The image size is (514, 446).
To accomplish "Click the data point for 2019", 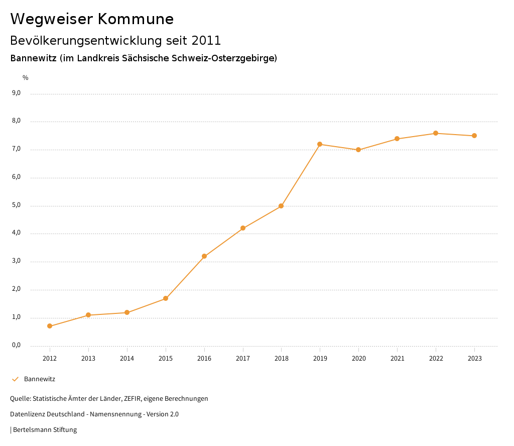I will (x=320, y=144).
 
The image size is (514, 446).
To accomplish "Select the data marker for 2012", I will (x=50, y=326).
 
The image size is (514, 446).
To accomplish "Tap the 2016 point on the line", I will (x=204, y=256).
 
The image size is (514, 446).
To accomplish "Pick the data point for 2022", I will (x=436, y=133).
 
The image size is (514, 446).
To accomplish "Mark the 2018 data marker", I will (x=281, y=206).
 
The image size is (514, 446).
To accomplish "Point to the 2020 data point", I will (x=358, y=150).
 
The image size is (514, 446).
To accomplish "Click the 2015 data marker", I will (x=166, y=298).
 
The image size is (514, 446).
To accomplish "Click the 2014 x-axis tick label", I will (x=127, y=358).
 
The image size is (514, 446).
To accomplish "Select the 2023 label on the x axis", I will (x=474, y=358).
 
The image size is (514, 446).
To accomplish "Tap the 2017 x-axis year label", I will (x=243, y=358).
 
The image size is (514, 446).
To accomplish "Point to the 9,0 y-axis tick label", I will (x=16, y=93).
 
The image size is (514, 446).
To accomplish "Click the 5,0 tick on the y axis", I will (x=16, y=205).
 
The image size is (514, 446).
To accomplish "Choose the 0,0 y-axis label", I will (x=16, y=345).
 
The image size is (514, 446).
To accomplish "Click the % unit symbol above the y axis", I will (x=26, y=78).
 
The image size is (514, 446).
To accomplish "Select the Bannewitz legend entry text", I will (x=40, y=379).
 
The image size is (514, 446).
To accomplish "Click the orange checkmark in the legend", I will (x=15, y=379).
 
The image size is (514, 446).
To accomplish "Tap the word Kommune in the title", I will (x=136, y=19).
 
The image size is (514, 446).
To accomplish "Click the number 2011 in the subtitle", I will (x=206, y=40).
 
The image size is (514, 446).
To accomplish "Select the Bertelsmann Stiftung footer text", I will (x=45, y=429).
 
